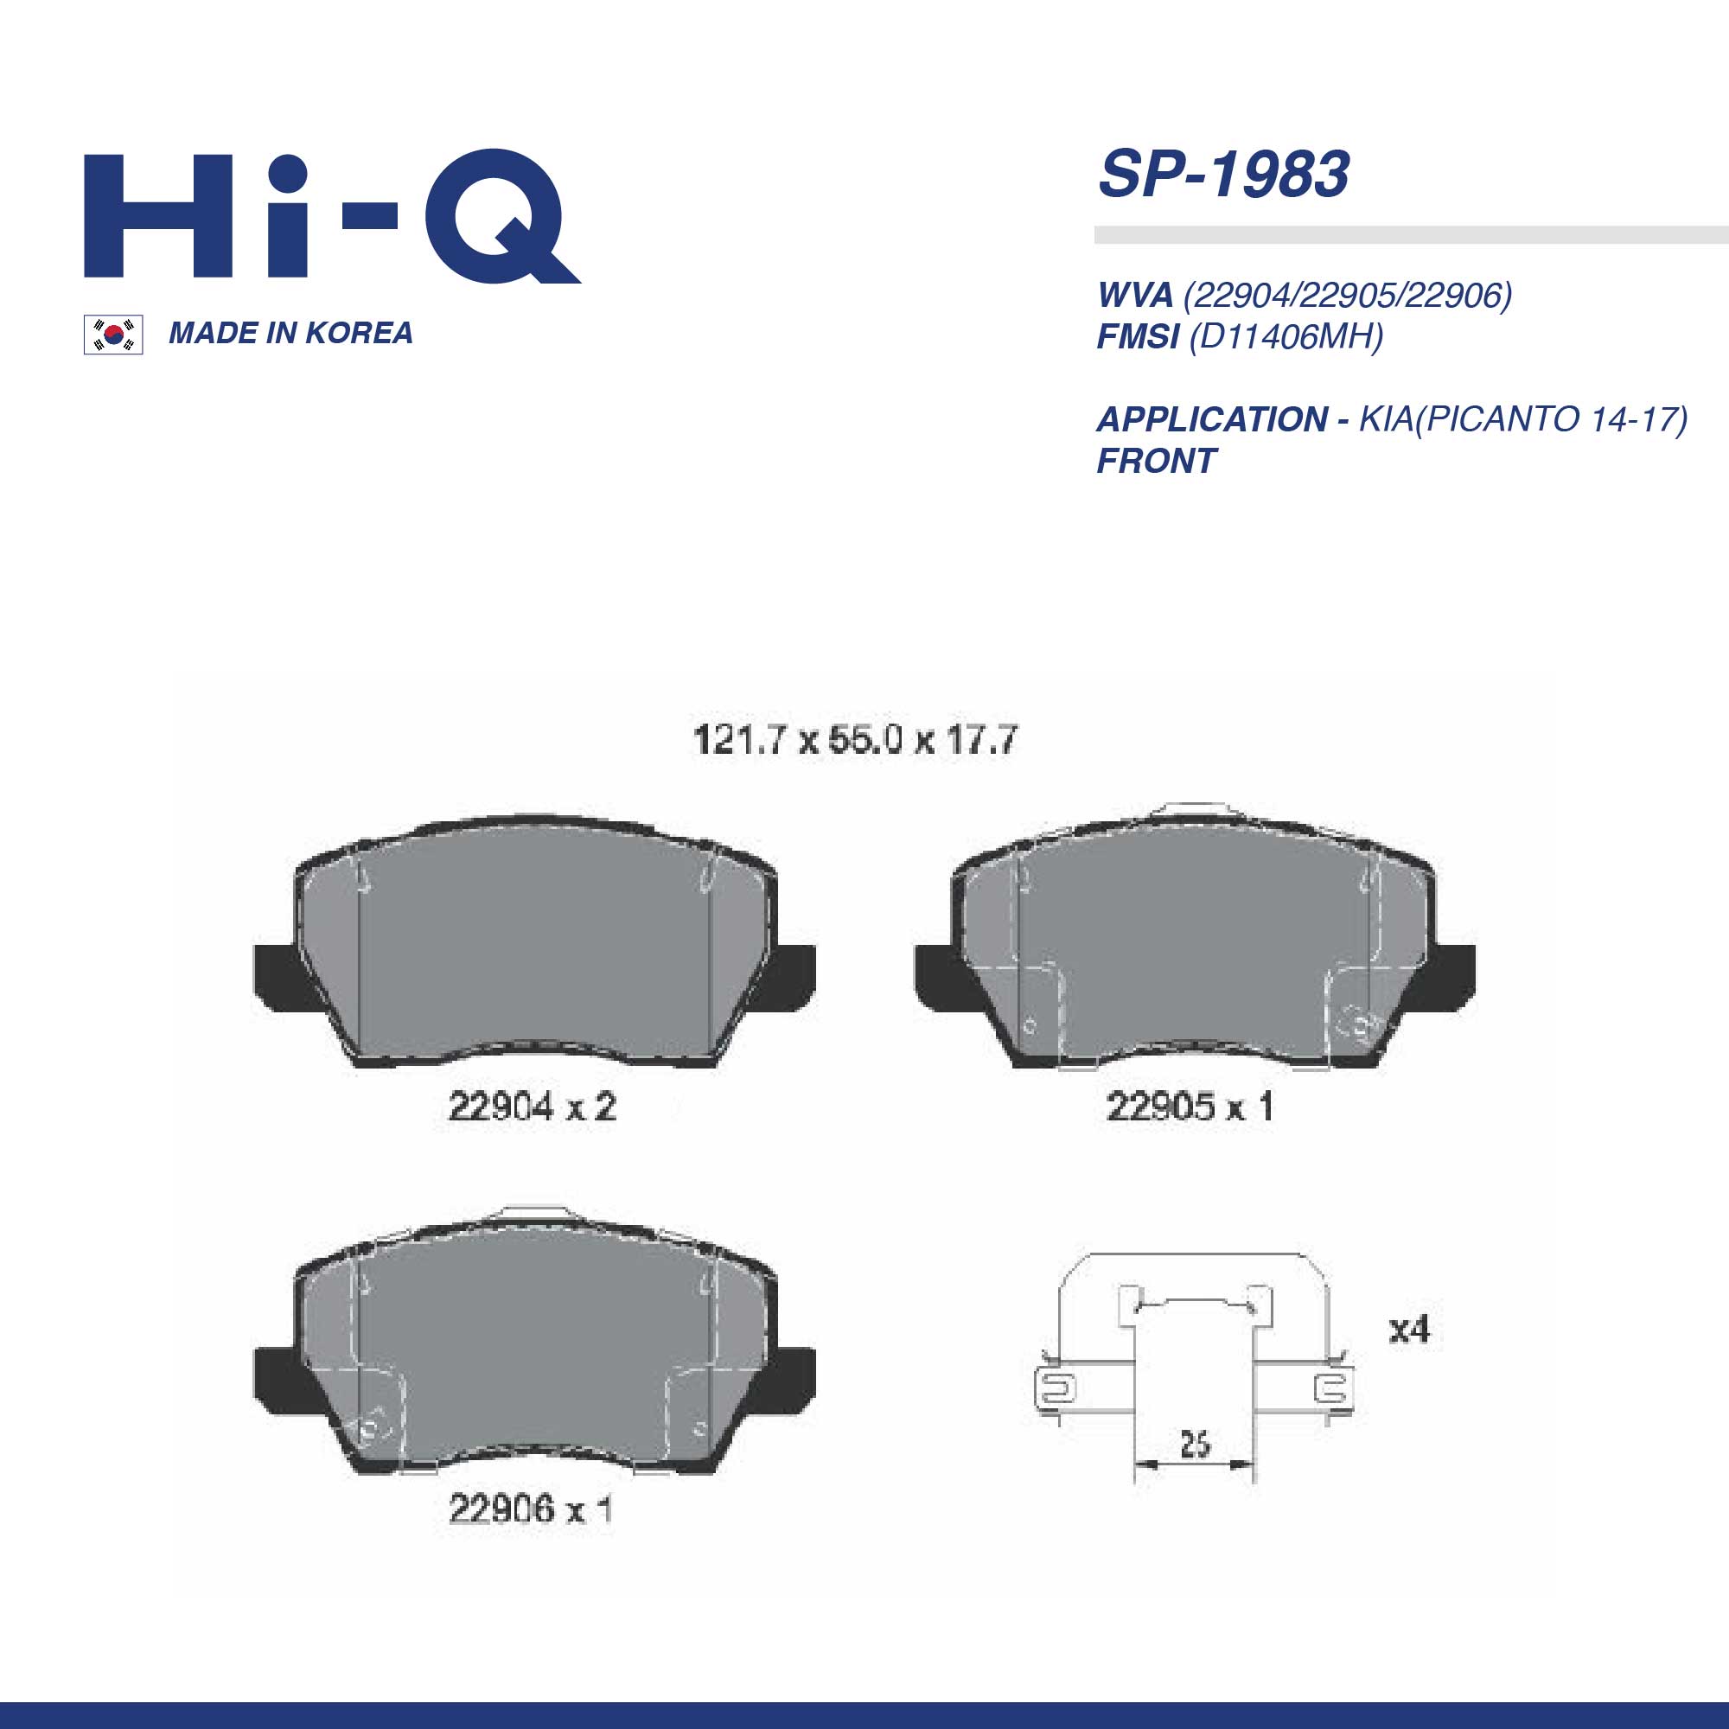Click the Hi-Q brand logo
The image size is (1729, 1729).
coord(331,217)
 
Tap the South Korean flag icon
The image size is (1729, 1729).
coord(112,335)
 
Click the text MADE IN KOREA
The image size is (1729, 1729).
coord(290,333)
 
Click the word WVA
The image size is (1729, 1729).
coord(1134,295)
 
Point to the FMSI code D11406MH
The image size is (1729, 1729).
coord(1286,336)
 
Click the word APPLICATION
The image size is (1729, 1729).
coord(1212,418)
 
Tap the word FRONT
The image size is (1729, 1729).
coord(1155,461)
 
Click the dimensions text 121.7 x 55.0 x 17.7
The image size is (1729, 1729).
coord(855,739)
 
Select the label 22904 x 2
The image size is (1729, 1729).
coord(532,1107)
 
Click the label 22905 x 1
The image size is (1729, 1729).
coord(1190,1107)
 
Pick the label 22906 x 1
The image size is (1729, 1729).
coord(530,1509)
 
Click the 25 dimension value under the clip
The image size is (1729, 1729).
coord(1195,1444)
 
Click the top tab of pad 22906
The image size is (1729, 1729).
coord(534,1213)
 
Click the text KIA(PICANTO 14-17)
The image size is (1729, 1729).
coord(1522,418)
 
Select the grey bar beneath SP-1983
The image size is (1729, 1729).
coord(1410,235)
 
